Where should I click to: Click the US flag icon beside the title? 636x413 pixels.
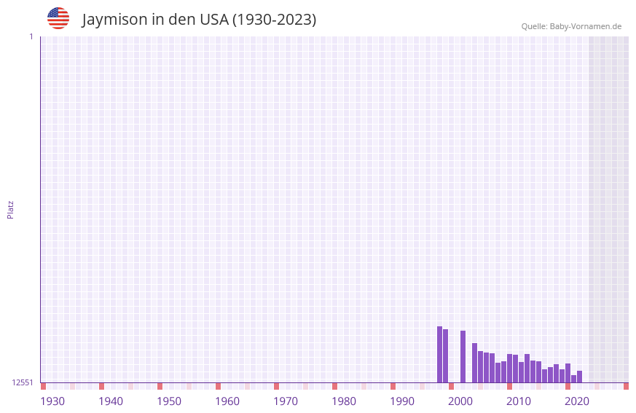58,18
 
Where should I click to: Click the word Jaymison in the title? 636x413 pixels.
115,20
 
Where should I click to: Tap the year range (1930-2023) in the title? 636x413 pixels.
274,20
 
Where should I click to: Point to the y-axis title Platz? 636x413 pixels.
10,209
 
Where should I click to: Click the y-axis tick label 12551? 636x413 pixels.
23,382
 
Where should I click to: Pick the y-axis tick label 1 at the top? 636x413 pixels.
31,36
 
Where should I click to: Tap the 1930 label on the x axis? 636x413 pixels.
52,401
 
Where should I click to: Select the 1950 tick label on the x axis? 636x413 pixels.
169,401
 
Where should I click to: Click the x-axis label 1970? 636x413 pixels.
286,401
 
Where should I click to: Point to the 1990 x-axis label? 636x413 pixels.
402,401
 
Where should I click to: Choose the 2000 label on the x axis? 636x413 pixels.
460,401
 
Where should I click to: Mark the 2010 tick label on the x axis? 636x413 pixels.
519,401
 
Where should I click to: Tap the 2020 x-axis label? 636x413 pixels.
577,401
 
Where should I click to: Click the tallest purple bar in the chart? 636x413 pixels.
439,354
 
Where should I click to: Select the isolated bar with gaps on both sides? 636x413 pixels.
463,356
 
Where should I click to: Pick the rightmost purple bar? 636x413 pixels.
579,377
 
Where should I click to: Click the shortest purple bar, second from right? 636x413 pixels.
573,379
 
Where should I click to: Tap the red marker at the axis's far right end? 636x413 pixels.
626,386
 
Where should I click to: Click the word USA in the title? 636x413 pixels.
214,20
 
